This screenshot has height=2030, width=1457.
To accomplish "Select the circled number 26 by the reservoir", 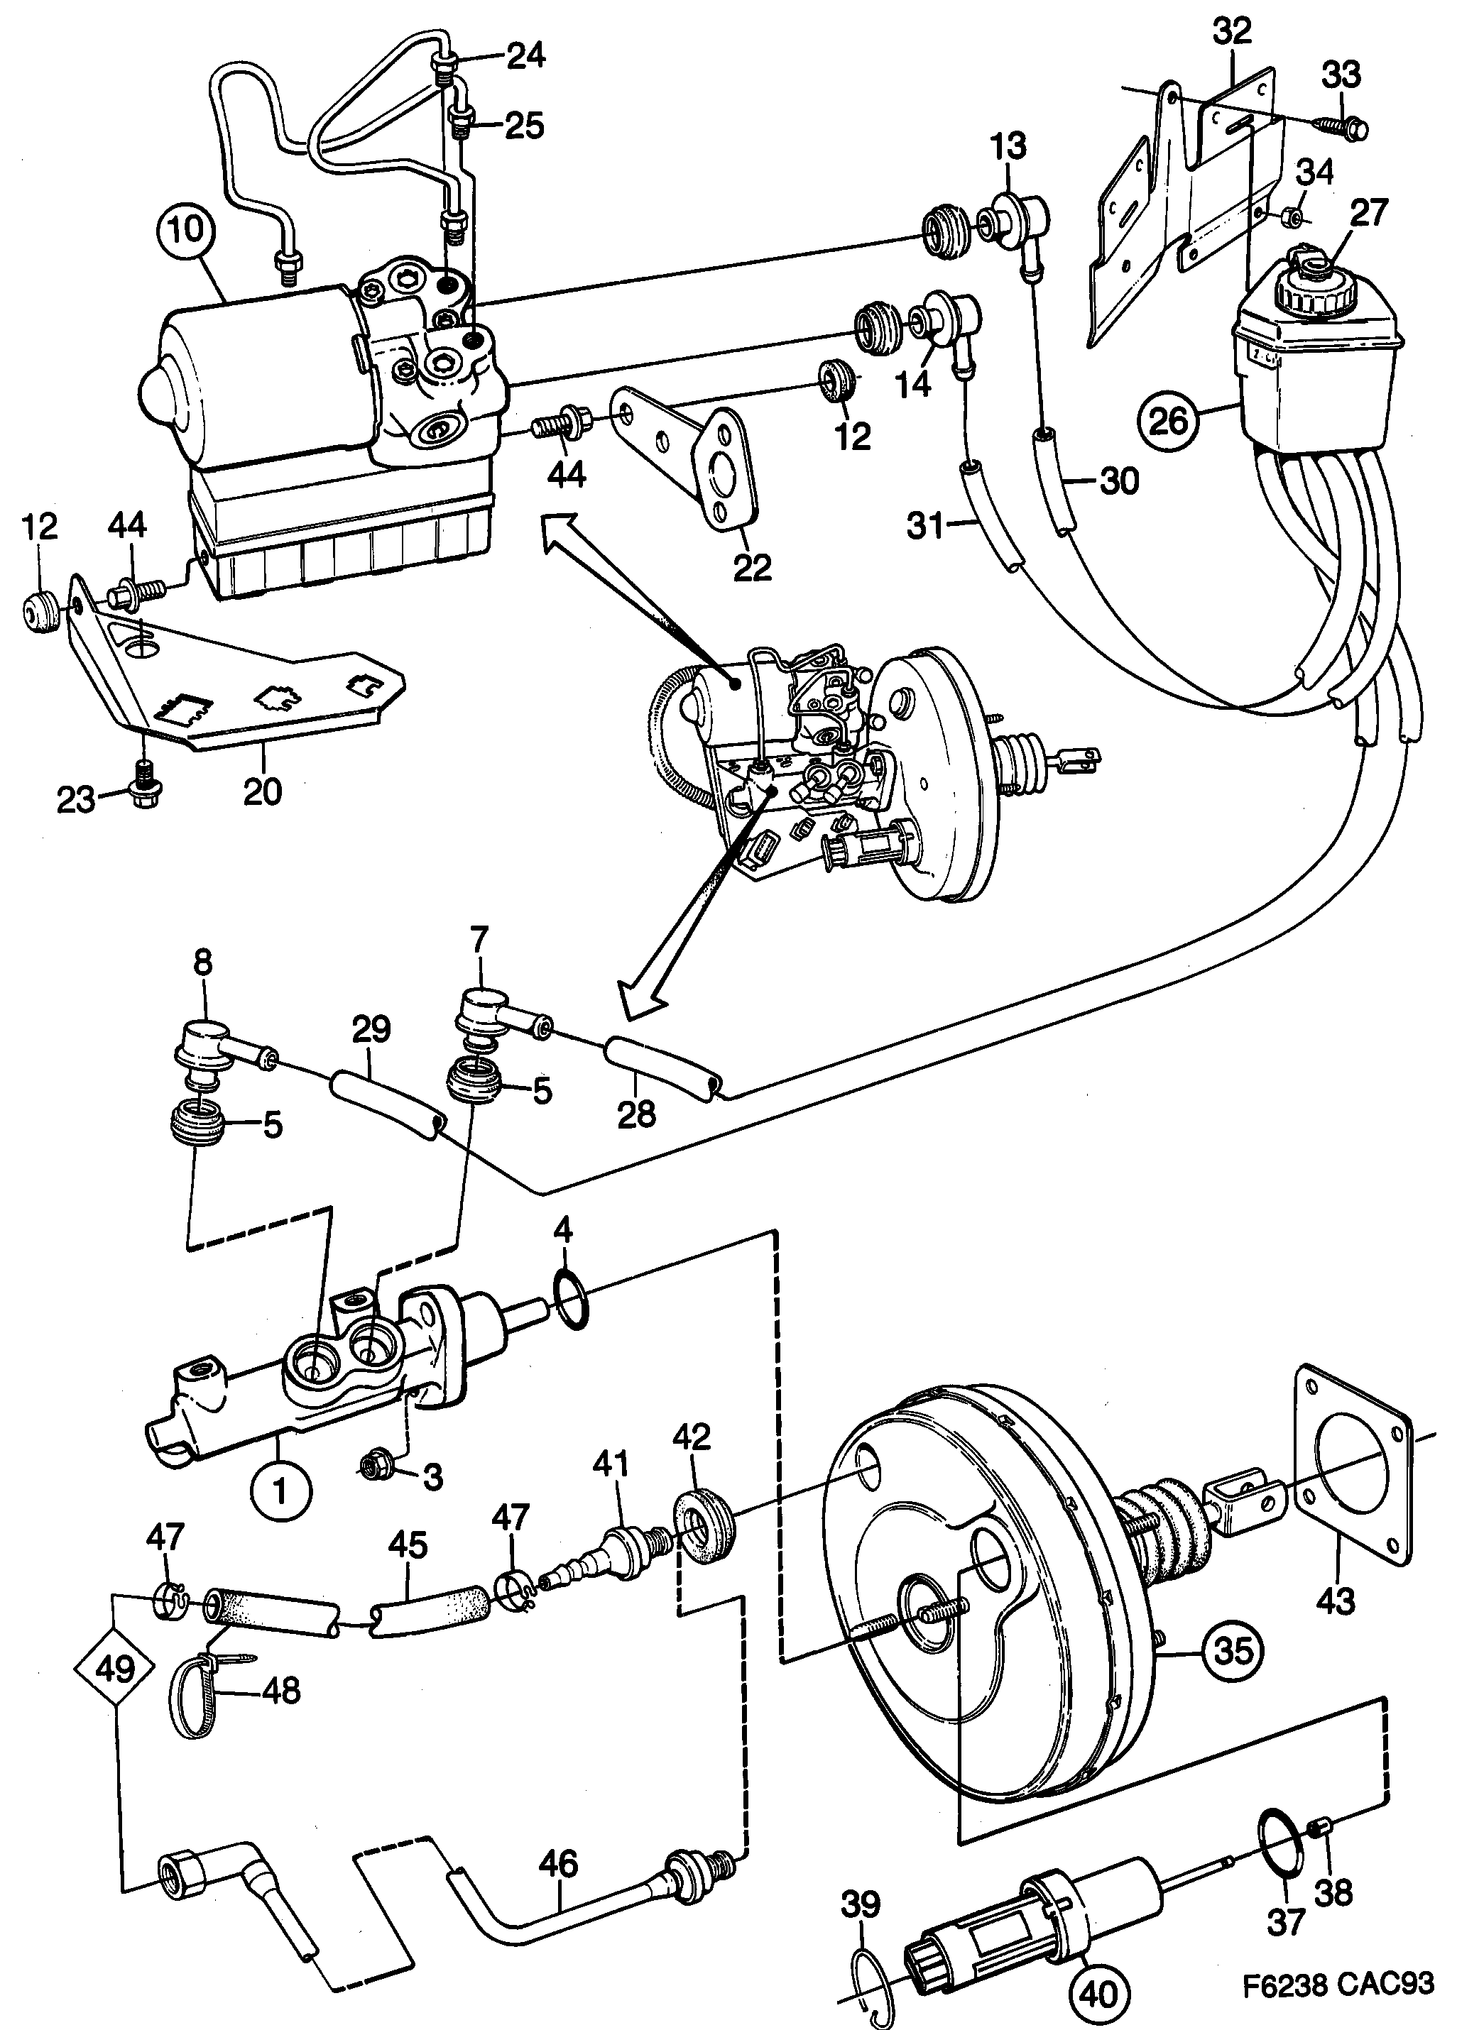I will pos(1169,419).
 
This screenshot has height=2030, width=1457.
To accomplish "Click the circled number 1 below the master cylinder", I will pos(280,1491).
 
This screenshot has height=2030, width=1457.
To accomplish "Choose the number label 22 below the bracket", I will pos(751,566).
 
